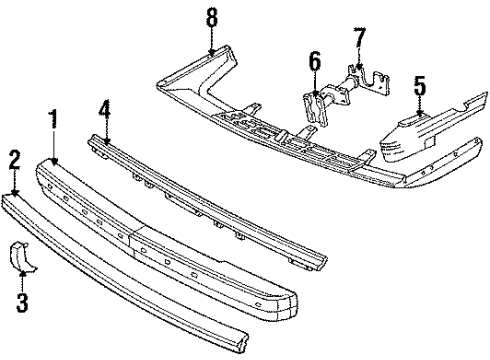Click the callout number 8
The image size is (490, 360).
(x=211, y=17)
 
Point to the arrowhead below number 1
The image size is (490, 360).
(x=52, y=160)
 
